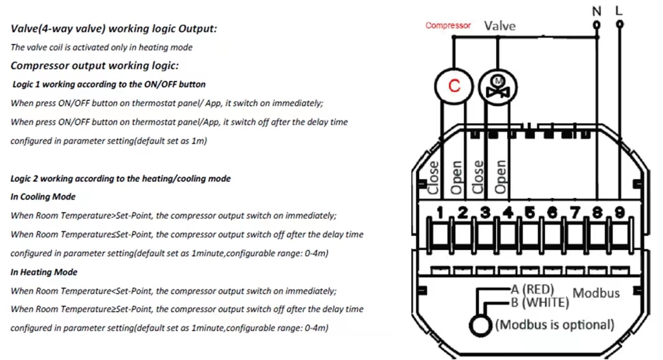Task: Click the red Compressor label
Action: (x=448, y=26)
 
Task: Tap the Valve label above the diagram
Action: (x=500, y=26)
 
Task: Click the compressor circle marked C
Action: (x=455, y=85)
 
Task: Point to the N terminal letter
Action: (x=596, y=10)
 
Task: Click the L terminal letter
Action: (x=620, y=10)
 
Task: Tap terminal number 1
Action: (x=440, y=212)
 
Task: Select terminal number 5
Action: (x=530, y=212)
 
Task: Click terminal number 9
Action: (x=619, y=212)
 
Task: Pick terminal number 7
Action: (x=574, y=212)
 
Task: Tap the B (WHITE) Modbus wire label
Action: (x=542, y=302)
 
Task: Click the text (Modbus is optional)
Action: (x=554, y=324)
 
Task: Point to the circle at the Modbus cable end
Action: (x=480, y=326)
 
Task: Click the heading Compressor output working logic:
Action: (x=95, y=66)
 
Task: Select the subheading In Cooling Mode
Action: (x=43, y=197)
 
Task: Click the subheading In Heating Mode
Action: (x=43, y=272)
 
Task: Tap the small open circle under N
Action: (x=596, y=25)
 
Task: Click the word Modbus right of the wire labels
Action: (x=596, y=293)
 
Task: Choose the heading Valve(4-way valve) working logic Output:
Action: (x=114, y=29)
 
